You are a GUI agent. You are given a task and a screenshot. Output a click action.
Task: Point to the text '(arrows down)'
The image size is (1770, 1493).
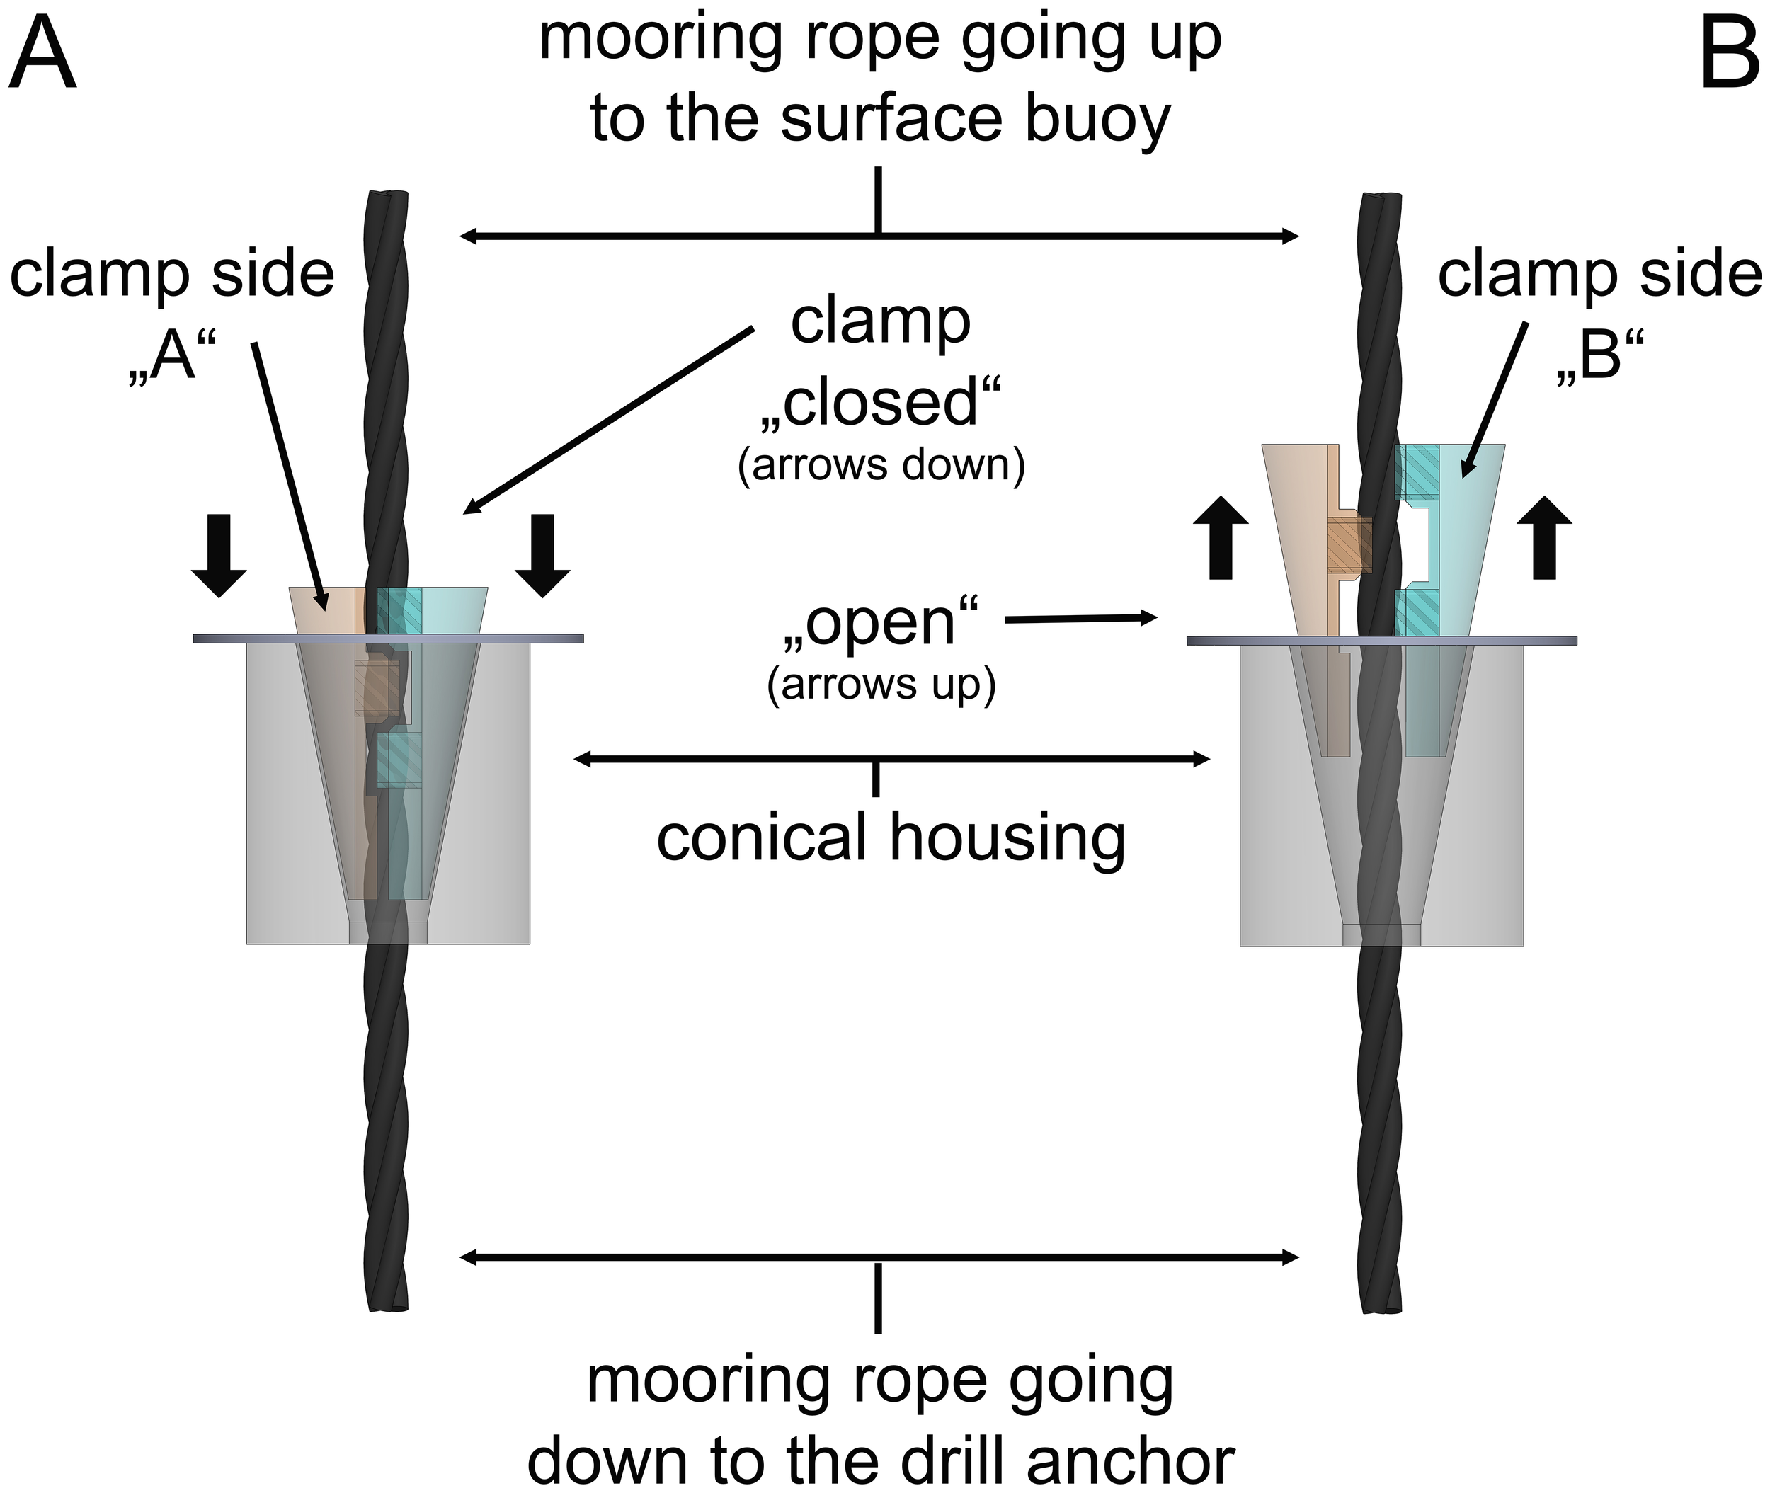880,466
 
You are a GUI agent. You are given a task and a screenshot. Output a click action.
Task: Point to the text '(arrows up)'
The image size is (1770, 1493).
880,684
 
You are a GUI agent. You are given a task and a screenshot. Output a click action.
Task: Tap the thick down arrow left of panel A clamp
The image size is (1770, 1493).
218,555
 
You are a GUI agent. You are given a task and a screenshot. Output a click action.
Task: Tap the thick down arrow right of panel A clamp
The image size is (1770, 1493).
542,555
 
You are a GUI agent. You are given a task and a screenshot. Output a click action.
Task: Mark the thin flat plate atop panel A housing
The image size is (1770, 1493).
388,638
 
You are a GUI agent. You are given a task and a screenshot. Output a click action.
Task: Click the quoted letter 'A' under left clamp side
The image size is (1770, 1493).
173,359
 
